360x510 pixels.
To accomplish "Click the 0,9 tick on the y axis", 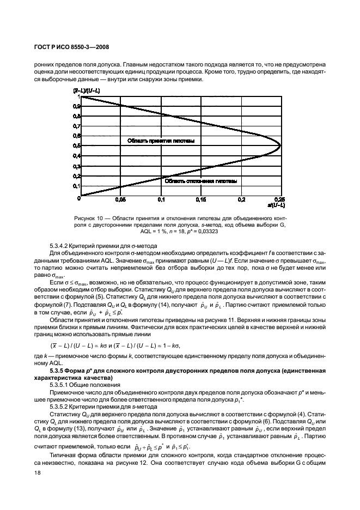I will click(75, 106).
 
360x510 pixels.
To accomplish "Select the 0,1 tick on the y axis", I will click(75, 186).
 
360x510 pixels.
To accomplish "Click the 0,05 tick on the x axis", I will click(120, 200).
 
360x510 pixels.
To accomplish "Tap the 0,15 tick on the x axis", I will click(200, 200).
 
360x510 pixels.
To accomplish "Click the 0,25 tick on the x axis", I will click(280, 200).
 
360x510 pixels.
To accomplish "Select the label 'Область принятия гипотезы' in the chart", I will click(161, 141).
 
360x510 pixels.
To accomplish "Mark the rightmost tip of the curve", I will click(280, 146).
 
